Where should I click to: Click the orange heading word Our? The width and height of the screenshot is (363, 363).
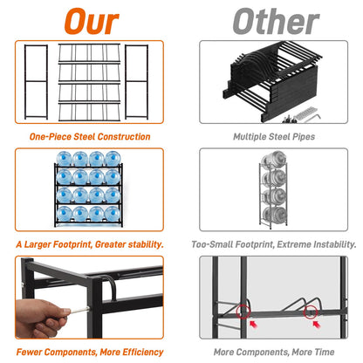click(x=92, y=22)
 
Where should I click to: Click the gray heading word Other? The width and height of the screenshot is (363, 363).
click(x=276, y=22)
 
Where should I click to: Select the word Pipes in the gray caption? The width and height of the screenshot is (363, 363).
click(x=304, y=137)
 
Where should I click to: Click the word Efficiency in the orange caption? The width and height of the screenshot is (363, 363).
click(x=143, y=353)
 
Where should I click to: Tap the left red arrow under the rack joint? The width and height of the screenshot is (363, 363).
click(x=253, y=324)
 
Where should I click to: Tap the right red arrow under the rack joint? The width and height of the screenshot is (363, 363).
click(x=316, y=324)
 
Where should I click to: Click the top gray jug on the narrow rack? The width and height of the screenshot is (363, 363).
click(x=274, y=160)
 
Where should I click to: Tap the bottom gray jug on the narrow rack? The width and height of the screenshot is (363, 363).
click(x=274, y=215)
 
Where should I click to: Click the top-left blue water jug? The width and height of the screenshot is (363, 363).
click(x=64, y=159)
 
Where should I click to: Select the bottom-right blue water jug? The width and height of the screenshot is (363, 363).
click(x=113, y=214)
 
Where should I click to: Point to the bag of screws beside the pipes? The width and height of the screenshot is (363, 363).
click(x=305, y=113)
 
